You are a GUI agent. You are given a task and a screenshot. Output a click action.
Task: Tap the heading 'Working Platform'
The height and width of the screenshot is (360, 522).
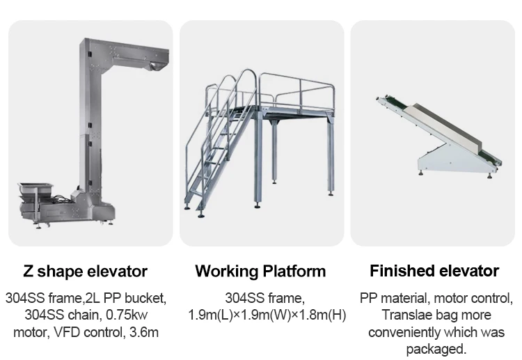coord(260,271)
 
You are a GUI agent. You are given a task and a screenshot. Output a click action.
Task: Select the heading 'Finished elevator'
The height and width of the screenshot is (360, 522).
coord(434,271)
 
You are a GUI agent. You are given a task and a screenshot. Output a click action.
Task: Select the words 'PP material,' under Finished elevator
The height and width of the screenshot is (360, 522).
coord(393,299)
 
